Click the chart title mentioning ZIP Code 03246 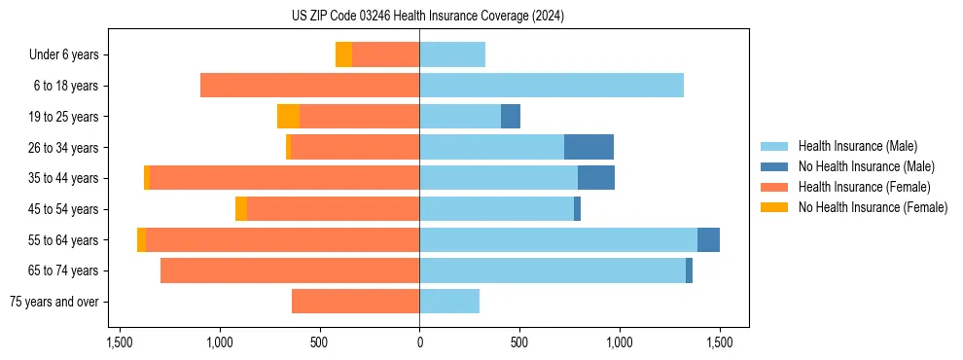(427, 16)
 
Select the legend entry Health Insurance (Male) (857, 147)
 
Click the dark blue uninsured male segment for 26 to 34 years (588, 147)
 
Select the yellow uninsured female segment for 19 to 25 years (288, 117)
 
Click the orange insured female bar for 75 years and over (355, 302)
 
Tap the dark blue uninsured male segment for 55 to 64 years (708, 239)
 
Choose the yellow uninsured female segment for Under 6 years (343, 55)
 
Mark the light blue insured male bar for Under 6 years (452, 55)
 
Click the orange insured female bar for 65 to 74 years (290, 270)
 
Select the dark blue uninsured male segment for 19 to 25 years (511, 117)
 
